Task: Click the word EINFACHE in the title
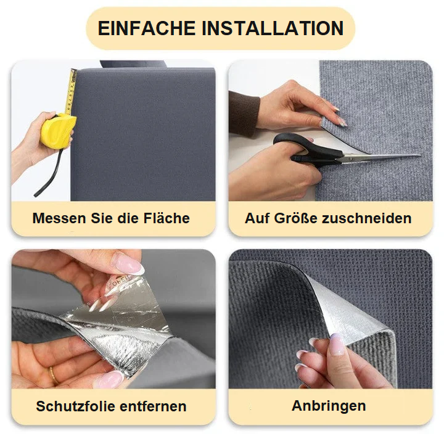[x=147, y=28]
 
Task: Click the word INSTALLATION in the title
[x=273, y=28]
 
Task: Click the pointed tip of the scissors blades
[x=421, y=155]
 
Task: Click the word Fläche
[x=166, y=218]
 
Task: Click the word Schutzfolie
[x=76, y=406]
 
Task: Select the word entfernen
[x=153, y=406]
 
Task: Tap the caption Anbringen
[x=329, y=406]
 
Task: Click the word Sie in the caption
[x=102, y=218]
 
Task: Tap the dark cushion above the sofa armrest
[x=133, y=64]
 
